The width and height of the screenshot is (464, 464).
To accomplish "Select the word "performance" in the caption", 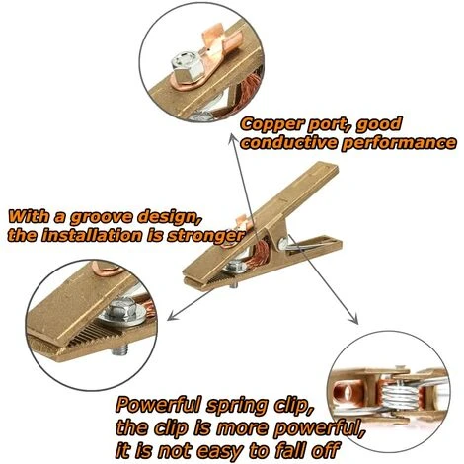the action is click(399, 143).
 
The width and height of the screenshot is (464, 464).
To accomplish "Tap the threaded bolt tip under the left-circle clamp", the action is click(118, 350).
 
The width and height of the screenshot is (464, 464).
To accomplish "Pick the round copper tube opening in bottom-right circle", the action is click(347, 392).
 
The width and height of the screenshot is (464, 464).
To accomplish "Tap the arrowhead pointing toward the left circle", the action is click(172, 316).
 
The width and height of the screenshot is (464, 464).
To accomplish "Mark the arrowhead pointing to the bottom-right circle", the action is click(354, 319).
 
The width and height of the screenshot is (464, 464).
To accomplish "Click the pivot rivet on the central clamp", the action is click(283, 244).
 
